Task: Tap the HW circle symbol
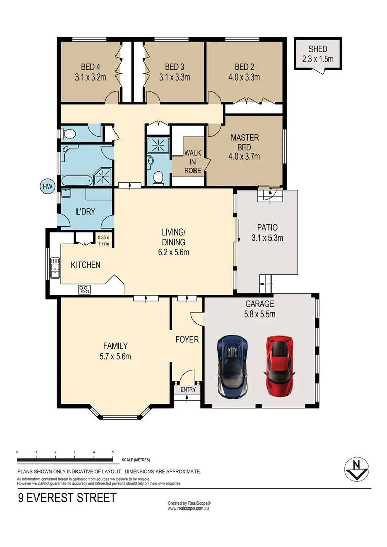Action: [48, 187]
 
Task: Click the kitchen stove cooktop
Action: [84, 290]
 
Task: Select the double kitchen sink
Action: [55, 268]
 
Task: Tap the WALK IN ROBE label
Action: [192, 162]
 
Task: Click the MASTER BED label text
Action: [245, 147]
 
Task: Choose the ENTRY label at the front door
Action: [188, 389]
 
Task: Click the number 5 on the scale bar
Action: [112, 451]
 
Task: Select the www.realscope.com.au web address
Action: [188, 508]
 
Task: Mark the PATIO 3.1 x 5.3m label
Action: [267, 232]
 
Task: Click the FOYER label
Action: [187, 339]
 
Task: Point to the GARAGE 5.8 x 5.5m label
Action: [259, 309]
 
